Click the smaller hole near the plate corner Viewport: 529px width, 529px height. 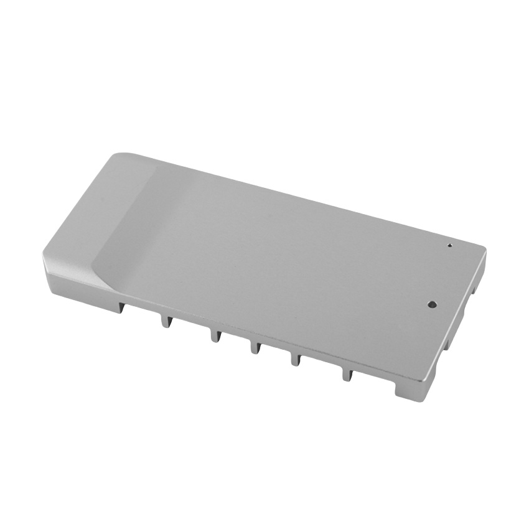pos(449,245)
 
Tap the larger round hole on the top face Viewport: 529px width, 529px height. pos(432,304)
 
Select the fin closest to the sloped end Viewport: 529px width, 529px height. pos(165,320)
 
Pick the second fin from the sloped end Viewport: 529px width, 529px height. pos(215,335)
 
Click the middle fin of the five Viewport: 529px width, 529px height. pos(255,346)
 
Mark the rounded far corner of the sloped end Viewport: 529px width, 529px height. pos(121,156)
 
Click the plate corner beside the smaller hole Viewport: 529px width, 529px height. pos(482,248)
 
